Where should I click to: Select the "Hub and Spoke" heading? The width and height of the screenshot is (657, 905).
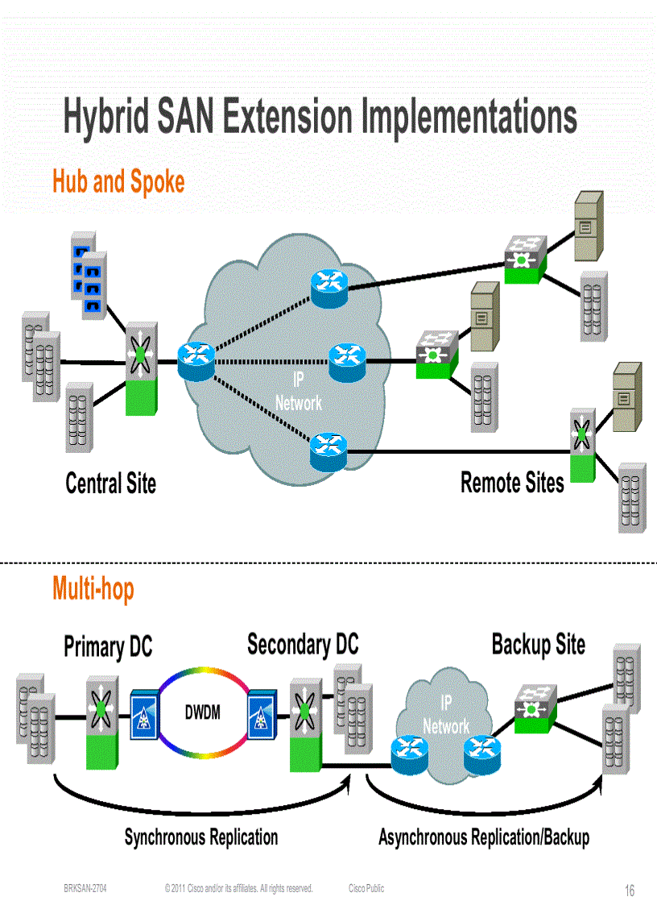[118, 181]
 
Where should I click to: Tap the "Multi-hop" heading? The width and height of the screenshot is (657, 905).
[93, 588]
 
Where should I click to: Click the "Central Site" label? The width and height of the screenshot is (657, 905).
[110, 484]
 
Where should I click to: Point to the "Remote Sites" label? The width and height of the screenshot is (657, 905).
[512, 483]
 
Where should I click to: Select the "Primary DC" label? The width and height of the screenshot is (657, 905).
[108, 647]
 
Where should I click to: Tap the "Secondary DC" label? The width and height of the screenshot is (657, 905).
[303, 645]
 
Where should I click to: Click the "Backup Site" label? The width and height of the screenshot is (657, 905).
[538, 645]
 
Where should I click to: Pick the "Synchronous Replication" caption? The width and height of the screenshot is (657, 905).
[201, 837]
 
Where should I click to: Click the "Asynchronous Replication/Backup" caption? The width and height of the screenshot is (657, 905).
[484, 837]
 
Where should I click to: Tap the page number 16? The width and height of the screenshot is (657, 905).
[630, 890]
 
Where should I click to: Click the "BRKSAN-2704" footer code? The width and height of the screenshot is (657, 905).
[85, 888]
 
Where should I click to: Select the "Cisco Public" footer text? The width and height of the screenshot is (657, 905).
[366, 888]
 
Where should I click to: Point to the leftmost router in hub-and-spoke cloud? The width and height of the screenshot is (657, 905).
[196, 361]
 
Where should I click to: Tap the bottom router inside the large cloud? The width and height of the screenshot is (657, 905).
[328, 449]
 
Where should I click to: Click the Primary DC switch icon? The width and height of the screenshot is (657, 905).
[102, 721]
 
